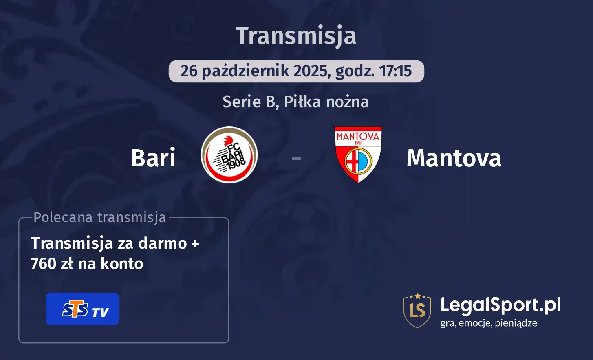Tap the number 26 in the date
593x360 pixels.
tap(189, 71)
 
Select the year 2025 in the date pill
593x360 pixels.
tap(310, 71)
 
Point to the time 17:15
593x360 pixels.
tap(395, 71)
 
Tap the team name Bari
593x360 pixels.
tap(153, 158)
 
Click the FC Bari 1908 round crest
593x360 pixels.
tap(229, 155)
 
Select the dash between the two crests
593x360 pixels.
tap(296, 158)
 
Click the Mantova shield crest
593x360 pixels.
tap(358, 155)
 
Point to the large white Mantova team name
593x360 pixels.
tap(454, 158)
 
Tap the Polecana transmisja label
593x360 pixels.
tap(99, 217)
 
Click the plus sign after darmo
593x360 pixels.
tap(195, 243)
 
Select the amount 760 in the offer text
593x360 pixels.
tap(44, 264)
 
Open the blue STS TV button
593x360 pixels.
tap(83, 309)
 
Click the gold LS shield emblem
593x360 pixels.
tap(417, 310)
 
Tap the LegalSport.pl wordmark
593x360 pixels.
tap(500, 305)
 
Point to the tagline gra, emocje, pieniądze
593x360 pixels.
tap(489, 323)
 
